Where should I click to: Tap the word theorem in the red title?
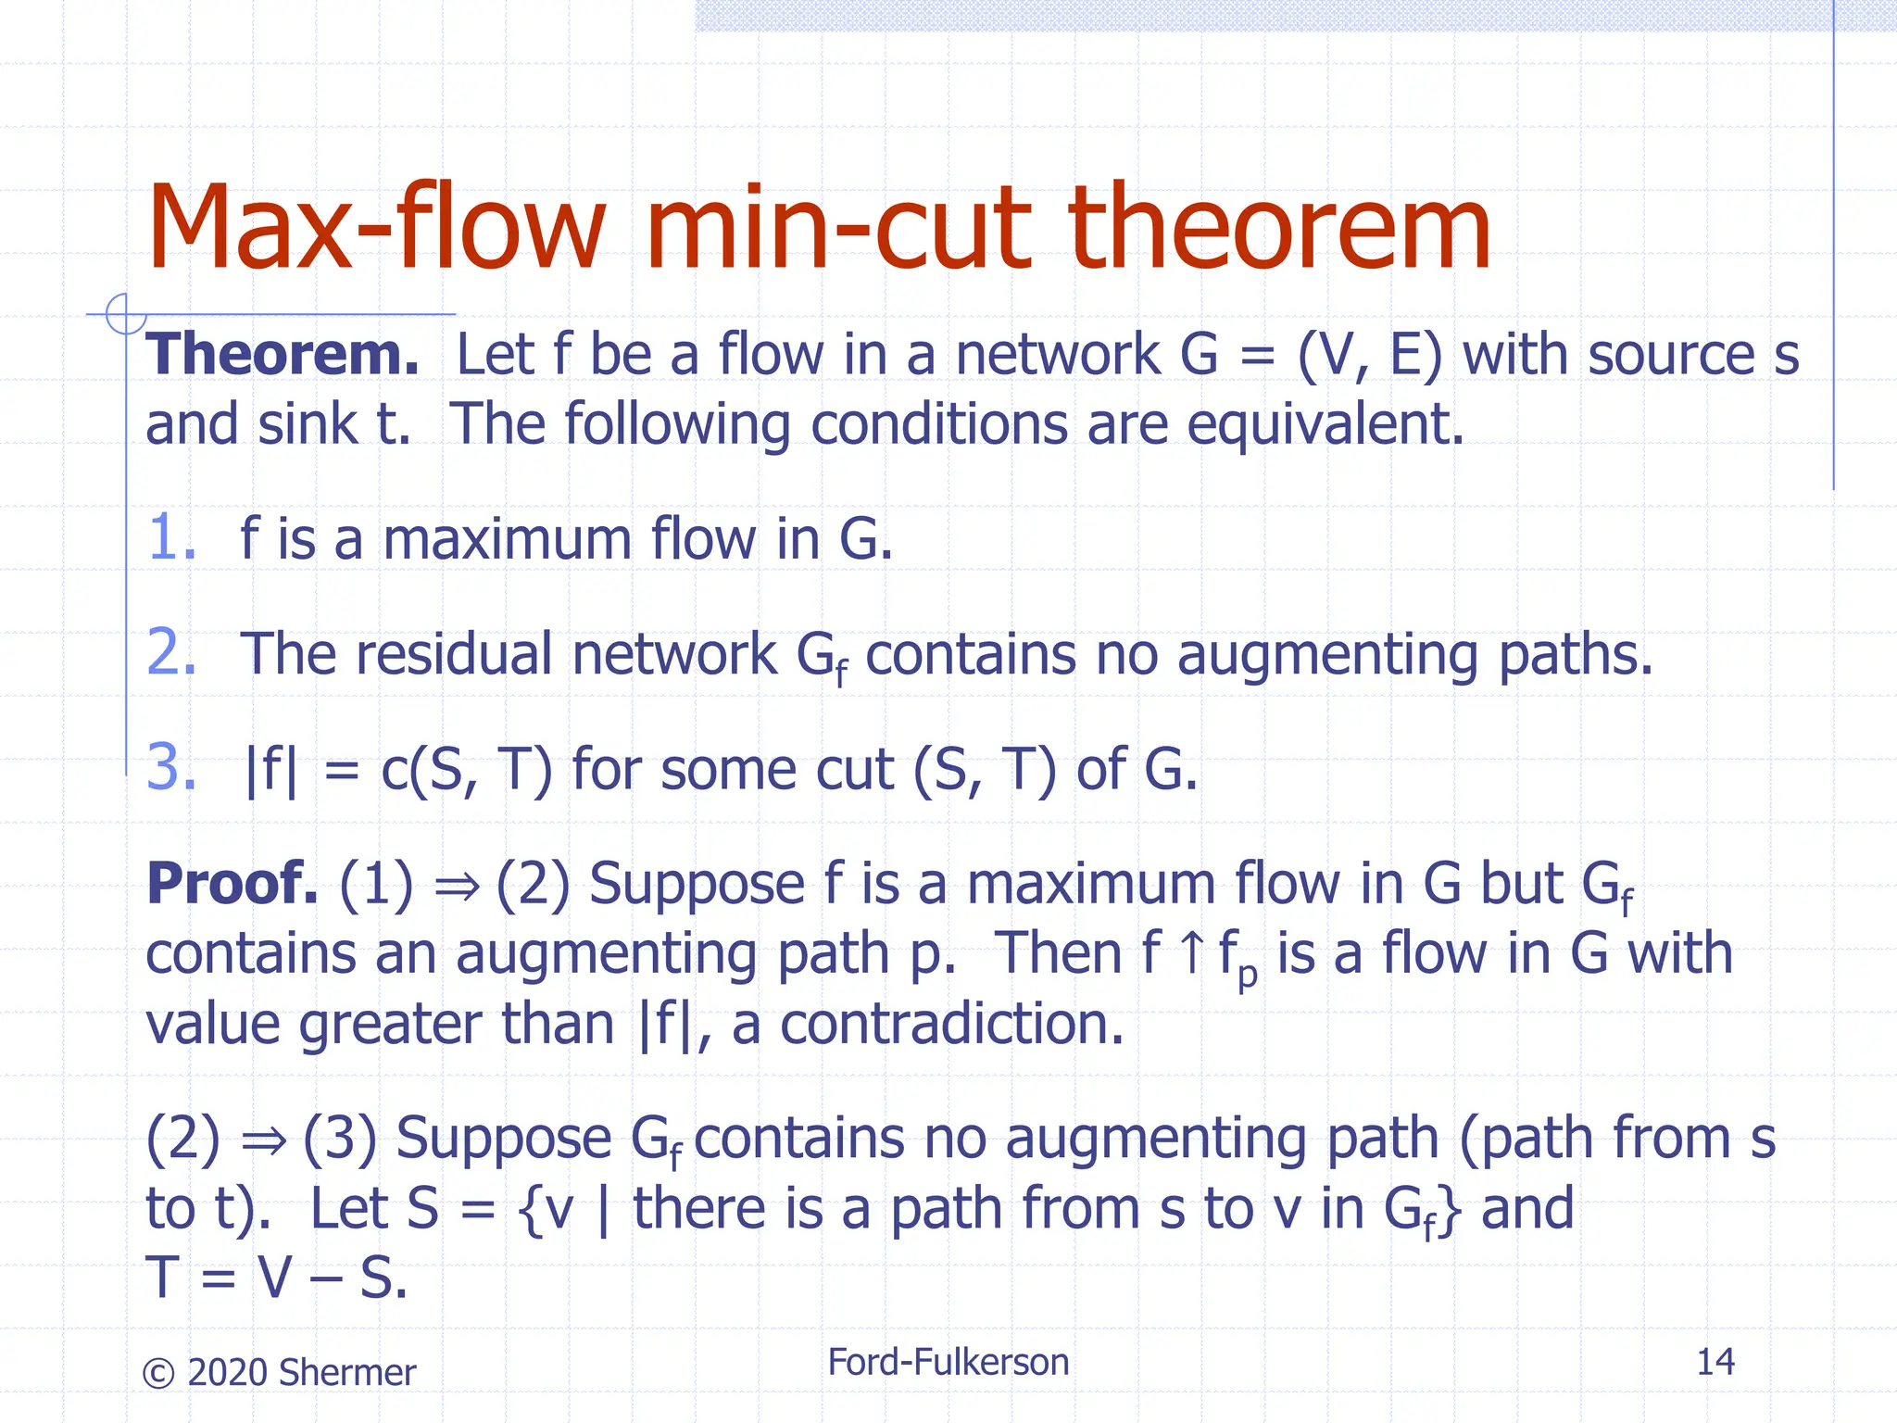(x=1278, y=228)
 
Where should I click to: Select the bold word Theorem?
(x=283, y=355)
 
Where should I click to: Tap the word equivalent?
(x=1325, y=424)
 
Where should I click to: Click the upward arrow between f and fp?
(x=1192, y=953)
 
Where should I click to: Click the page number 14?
(x=1715, y=1362)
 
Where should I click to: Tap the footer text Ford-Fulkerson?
(x=948, y=1362)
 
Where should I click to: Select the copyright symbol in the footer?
(x=158, y=1373)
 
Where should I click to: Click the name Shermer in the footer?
(x=346, y=1372)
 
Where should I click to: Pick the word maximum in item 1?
(x=507, y=539)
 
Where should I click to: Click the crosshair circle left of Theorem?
(x=125, y=313)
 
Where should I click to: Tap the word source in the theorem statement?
(x=1671, y=355)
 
